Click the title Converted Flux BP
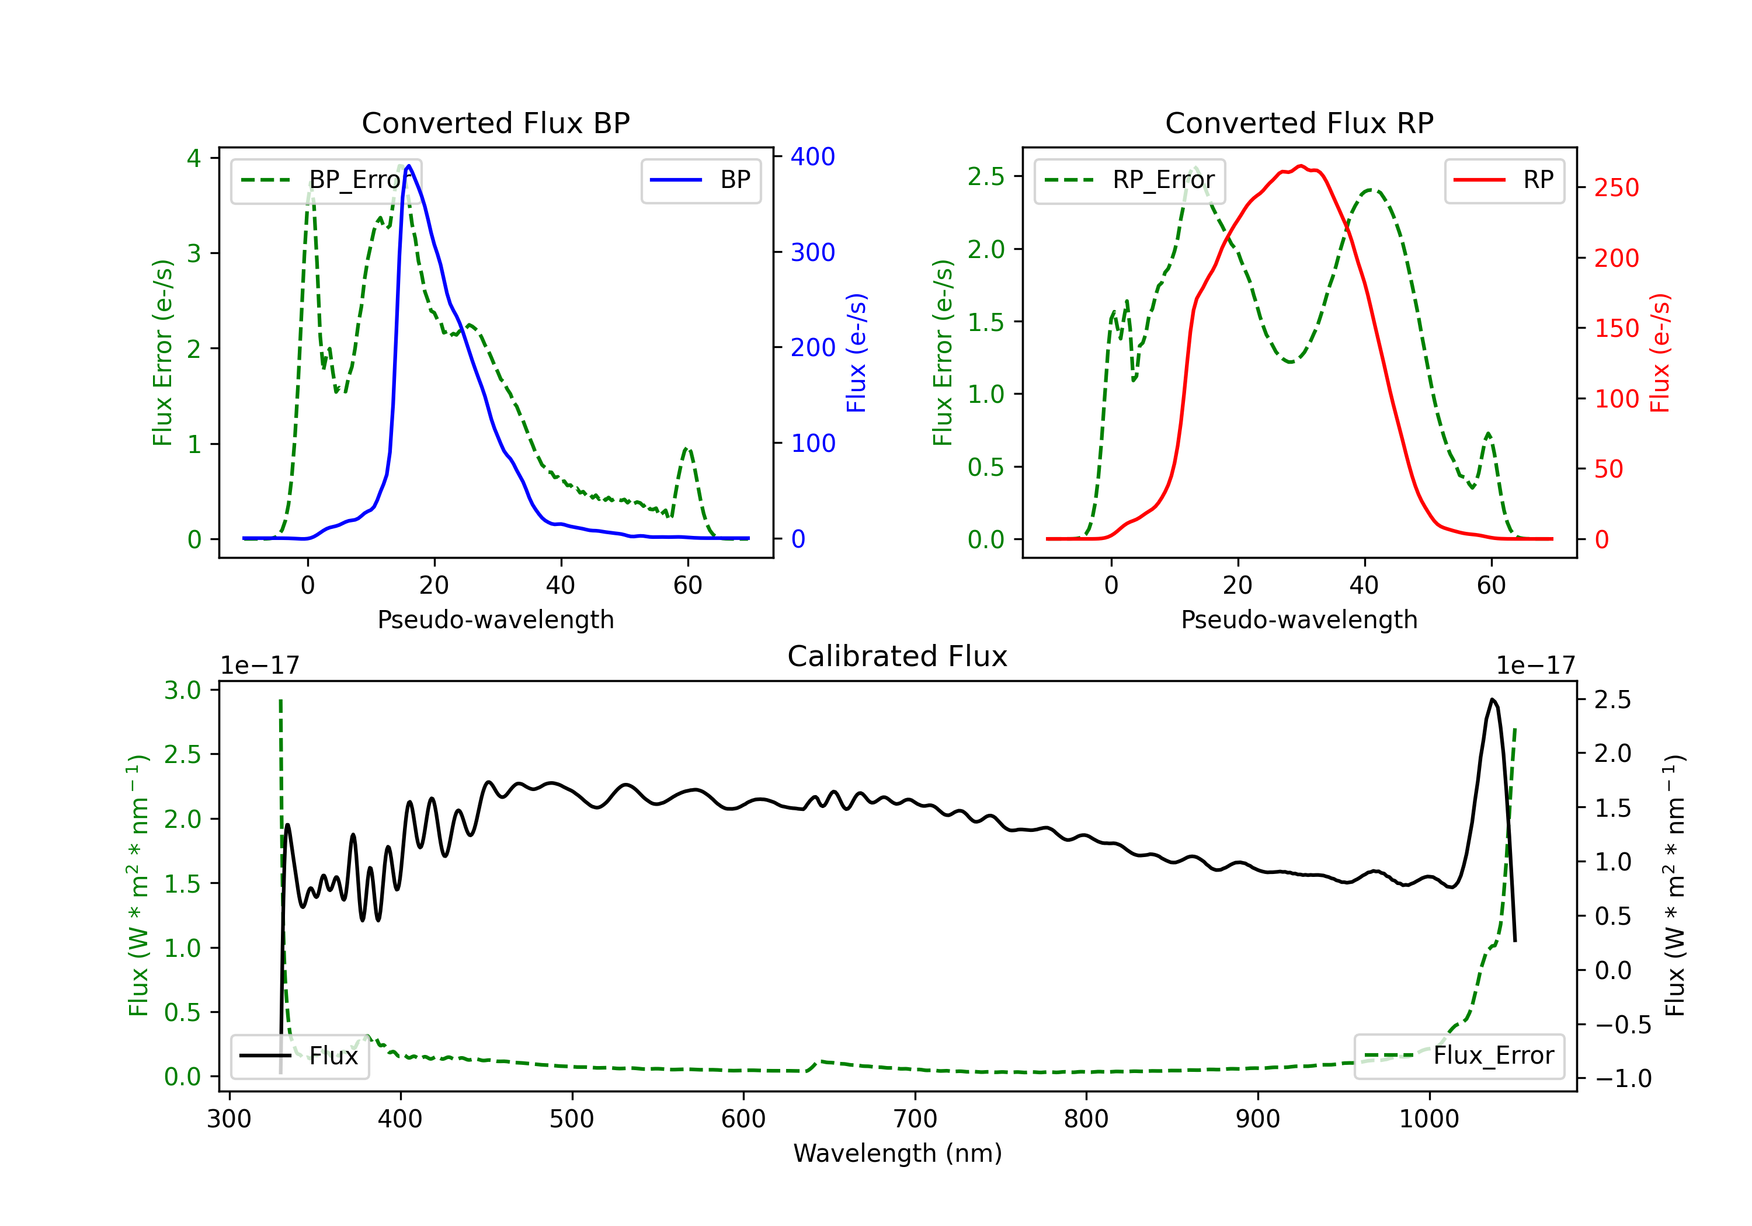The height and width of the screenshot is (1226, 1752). [495, 123]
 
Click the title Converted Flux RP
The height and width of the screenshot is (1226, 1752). [1299, 123]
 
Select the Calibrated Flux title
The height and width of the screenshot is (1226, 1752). [898, 656]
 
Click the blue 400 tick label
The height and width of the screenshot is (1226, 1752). [813, 156]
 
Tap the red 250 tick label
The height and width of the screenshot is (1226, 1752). [1616, 187]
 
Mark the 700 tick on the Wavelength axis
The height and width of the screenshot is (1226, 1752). [915, 1119]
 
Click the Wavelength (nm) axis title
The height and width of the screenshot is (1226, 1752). [898, 1154]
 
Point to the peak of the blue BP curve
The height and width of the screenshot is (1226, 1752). [409, 166]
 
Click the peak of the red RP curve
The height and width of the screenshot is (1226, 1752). [1301, 166]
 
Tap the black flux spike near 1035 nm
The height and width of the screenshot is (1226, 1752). [1492, 699]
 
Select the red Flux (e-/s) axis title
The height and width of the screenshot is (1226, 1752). [1660, 353]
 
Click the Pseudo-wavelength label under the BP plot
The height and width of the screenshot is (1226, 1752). [496, 619]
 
